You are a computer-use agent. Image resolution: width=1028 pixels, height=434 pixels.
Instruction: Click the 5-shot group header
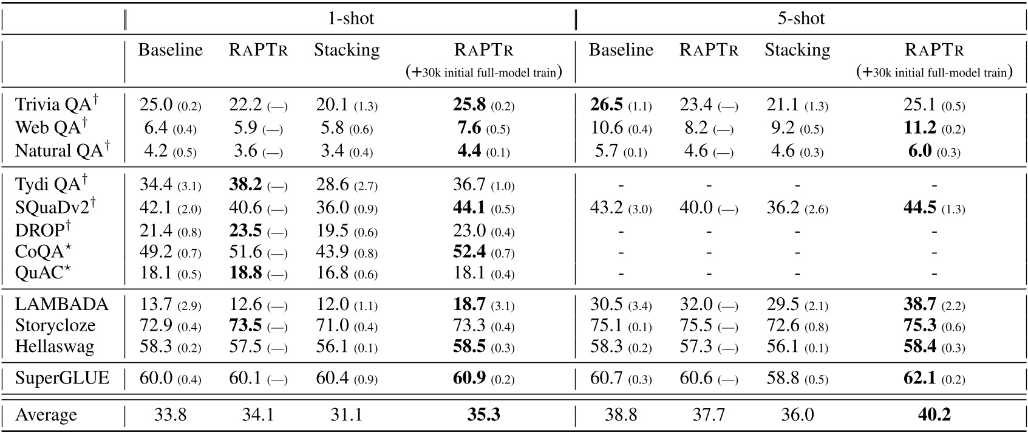[x=801, y=18]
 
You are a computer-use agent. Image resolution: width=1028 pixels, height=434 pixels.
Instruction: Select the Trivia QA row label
[x=56, y=105]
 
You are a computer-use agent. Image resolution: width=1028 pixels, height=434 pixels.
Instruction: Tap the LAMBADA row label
[x=62, y=304]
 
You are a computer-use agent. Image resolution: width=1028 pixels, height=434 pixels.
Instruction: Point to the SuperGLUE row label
[x=63, y=379]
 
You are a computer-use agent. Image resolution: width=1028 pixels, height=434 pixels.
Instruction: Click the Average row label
[x=46, y=415]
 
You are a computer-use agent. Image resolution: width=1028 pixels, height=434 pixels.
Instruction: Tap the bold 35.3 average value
[x=483, y=415]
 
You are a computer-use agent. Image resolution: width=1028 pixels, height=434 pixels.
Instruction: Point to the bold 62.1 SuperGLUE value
[x=921, y=379]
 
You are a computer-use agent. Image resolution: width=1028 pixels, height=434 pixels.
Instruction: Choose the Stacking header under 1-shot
[x=347, y=50]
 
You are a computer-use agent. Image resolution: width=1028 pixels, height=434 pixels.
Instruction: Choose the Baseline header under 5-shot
[x=621, y=50]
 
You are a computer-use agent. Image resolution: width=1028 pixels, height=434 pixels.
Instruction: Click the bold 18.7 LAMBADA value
[x=470, y=304]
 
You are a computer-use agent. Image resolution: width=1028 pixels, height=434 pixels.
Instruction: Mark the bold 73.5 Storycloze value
[x=245, y=326]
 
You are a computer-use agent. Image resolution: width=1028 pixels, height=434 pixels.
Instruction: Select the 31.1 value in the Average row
[x=346, y=415]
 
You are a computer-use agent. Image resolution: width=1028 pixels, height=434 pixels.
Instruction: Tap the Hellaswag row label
[x=55, y=347]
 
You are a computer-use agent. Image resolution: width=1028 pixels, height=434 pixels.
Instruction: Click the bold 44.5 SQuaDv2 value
[x=921, y=208]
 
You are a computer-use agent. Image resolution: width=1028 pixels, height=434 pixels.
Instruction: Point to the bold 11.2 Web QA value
[x=921, y=128]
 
